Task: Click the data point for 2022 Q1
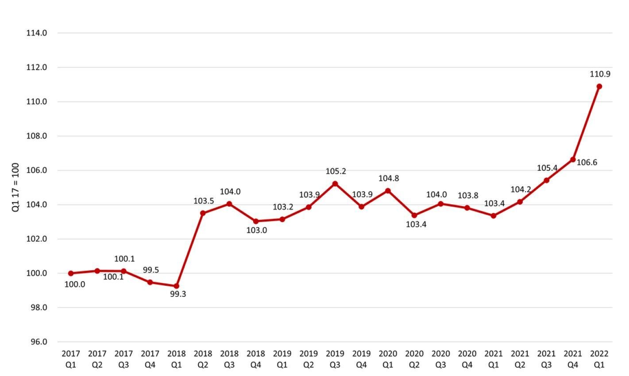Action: coord(599,86)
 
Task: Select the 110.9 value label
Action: coord(600,74)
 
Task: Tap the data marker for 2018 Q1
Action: coord(177,286)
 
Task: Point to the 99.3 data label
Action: coord(178,294)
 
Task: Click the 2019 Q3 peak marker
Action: coord(335,184)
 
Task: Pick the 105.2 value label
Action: coord(336,171)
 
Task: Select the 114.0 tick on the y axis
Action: coord(37,33)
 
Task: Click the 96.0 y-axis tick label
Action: coord(37,342)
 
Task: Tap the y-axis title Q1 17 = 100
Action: coord(16,188)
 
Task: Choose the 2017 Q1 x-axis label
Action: coord(71,359)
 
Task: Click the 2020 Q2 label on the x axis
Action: coord(414,359)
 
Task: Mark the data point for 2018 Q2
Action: coord(203,213)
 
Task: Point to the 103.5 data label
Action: coord(204,201)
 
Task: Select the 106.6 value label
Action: coord(587,163)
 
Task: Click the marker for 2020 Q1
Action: coord(388,191)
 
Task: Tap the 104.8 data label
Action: coord(389,178)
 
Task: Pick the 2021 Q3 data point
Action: coord(547,180)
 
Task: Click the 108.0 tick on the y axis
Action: coord(37,136)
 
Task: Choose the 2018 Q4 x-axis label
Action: coord(256,359)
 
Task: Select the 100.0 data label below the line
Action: coord(75,284)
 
